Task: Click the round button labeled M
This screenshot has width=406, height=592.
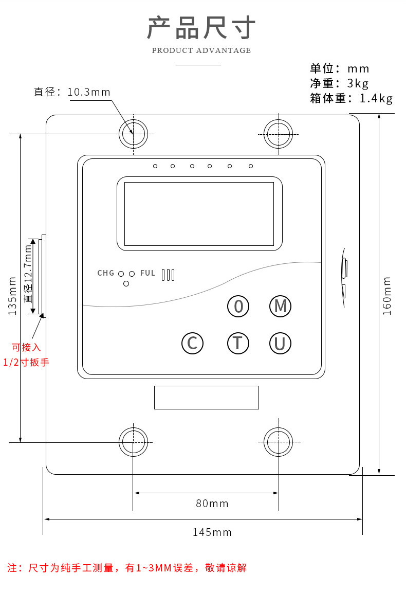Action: pyautogui.click(x=280, y=306)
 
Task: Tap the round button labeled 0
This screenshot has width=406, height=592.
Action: pyautogui.click(x=238, y=306)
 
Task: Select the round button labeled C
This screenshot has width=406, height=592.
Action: pyautogui.click(x=192, y=343)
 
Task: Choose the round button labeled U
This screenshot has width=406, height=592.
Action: pyautogui.click(x=280, y=343)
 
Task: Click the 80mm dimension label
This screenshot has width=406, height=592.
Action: pyautogui.click(x=212, y=504)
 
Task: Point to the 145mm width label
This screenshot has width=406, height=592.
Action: pyautogui.click(x=212, y=532)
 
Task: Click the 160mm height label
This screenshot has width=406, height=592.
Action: pyautogui.click(x=387, y=296)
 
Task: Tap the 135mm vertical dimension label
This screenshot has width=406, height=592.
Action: pyautogui.click(x=13, y=296)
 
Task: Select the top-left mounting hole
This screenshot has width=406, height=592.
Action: pyautogui.click(x=133, y=134)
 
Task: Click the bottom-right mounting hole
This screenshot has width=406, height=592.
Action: pyautogui.click(x=279, y=442)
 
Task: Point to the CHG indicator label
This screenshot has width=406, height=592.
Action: pyautogui.click(x=106, y=273)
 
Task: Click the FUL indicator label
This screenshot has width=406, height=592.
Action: pyautogui.click(x=147, y=273)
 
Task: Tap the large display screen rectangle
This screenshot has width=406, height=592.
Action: pyautogui.click(x=199, y=213)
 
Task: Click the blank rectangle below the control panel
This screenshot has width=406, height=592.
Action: pyautogui.click(x=206, y=397)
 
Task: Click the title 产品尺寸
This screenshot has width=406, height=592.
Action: pyautogui.click(x=201, y=28)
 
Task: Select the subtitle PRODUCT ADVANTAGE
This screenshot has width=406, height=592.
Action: pyautogui.click(x=201, y=50)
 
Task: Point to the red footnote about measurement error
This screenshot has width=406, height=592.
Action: pyautogui.click(x=127, y=568)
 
